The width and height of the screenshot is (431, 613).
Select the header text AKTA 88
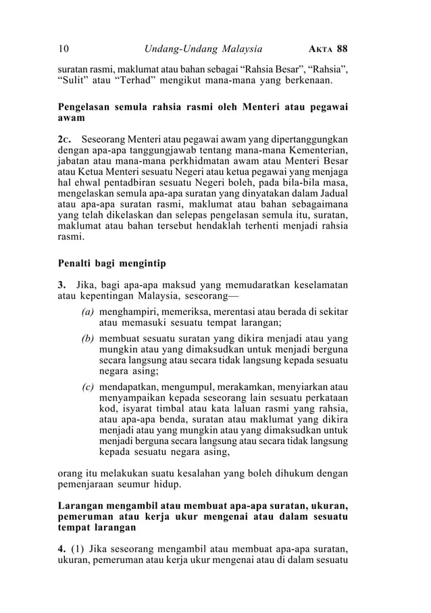coord(328,49)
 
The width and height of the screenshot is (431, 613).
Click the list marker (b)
coord(87,337)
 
